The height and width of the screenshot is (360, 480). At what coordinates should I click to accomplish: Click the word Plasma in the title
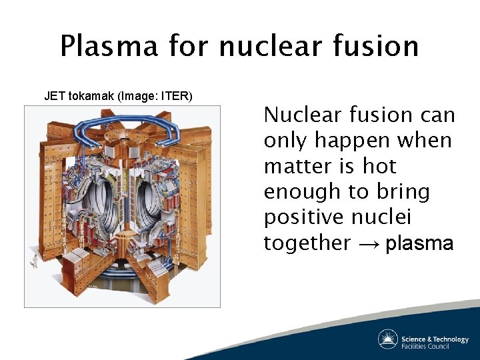[x=109, y=46]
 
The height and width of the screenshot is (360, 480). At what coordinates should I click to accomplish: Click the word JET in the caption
[x=54, y=96]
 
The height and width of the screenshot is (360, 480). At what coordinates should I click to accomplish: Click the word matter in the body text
[x=299, y=166]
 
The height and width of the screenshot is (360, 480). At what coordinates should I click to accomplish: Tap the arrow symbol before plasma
[x=367, y=243]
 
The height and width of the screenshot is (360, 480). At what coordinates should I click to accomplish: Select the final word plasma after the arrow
[x=419, y=243]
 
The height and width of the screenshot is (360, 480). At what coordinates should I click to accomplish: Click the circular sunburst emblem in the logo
[x=388, y=339]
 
